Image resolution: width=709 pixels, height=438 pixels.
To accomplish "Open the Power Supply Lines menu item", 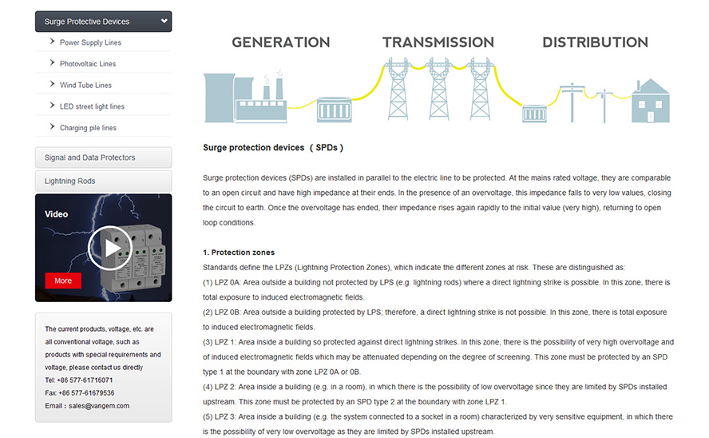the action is (90, 42).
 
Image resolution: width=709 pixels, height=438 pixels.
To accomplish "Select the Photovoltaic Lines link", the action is (88, 64).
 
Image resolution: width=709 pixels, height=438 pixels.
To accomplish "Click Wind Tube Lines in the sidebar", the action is (85, 85).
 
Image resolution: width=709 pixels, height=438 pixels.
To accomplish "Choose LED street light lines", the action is (92, 106).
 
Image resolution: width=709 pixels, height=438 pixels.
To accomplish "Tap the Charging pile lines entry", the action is (88, 128).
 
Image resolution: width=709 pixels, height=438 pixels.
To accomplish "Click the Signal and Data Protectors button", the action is (104, 157).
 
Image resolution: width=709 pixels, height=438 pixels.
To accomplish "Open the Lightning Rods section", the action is (104, 181).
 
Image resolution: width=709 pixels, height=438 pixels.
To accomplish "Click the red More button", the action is (63, 281).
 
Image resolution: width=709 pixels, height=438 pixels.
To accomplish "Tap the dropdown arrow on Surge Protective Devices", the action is (164, 21).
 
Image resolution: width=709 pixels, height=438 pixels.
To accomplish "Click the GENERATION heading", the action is (281, 42).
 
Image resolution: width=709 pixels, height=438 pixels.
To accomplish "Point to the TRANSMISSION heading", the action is (438, 42).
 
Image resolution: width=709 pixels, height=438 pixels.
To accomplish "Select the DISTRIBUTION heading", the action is (595, 42).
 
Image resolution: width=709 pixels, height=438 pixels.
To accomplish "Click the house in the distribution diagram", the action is (650, 101).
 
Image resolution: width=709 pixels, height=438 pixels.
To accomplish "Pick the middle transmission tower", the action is (439, 89).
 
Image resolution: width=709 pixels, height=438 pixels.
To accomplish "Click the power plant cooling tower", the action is (220, 98).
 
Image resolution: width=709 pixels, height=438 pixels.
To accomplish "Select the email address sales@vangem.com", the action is (99, 406).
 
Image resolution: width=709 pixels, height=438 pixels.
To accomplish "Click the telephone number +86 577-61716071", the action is (85, 380).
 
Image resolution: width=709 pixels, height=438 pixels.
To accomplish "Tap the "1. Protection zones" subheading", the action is (239, 253).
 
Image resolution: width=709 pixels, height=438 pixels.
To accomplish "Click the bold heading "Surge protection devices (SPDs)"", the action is (273, 148).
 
